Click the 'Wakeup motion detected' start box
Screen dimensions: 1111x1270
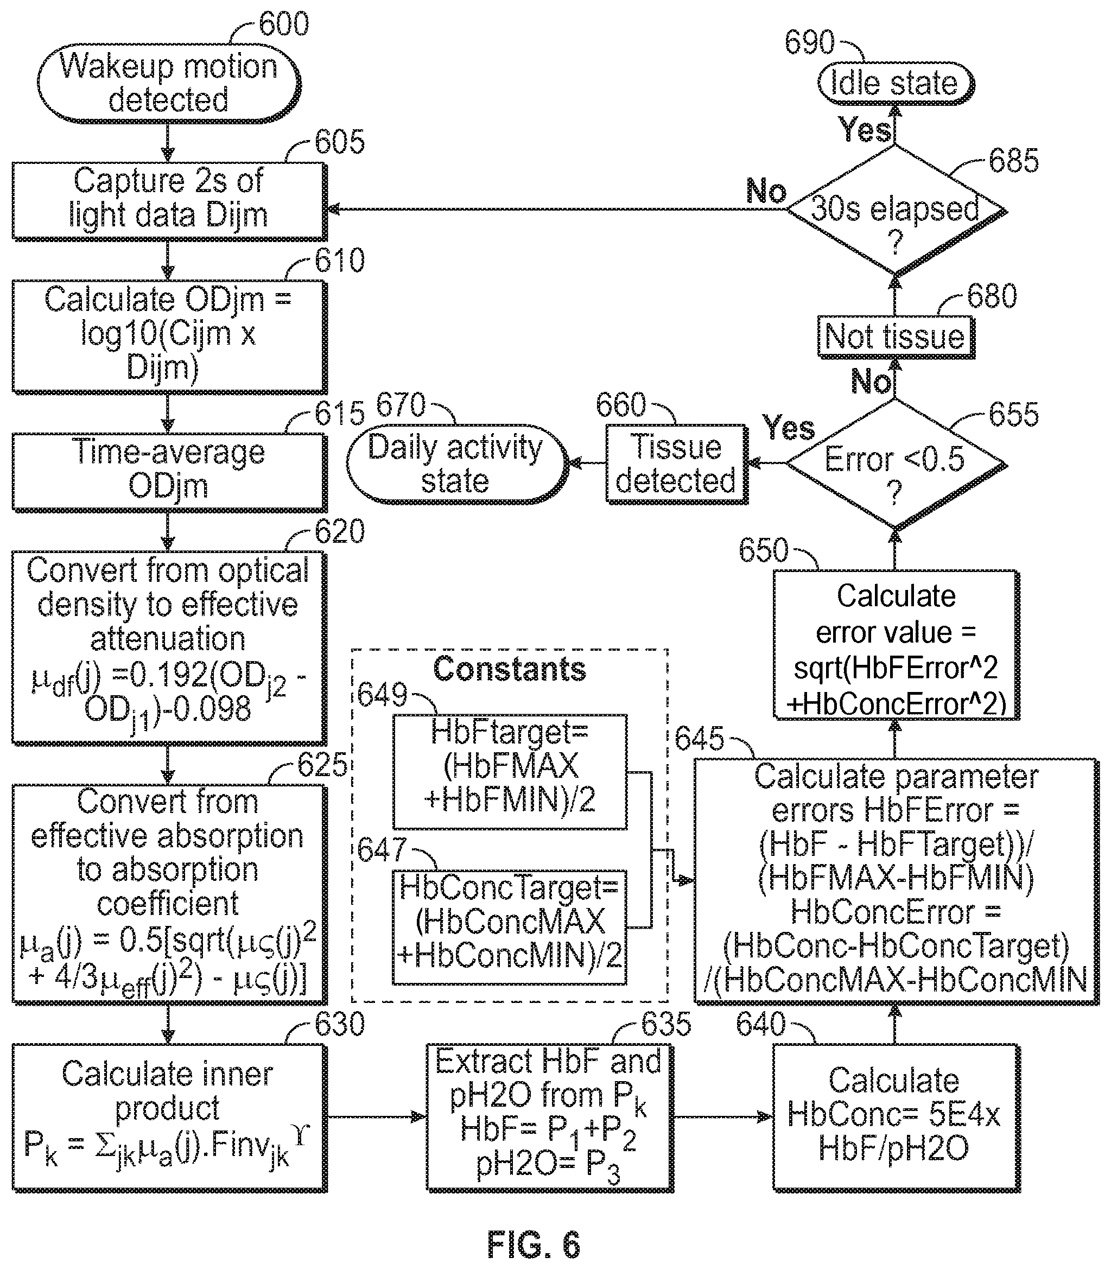[169, 83]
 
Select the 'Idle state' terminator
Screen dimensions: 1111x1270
[896, 83]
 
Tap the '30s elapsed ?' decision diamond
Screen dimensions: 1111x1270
[896, 210]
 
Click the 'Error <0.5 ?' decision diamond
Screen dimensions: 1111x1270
[896, 464]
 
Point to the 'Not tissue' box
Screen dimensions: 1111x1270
[896, 337]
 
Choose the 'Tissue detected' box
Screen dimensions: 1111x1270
[676, 464]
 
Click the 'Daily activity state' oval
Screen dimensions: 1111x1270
[457, 464]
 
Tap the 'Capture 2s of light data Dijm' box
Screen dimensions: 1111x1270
[169, 201]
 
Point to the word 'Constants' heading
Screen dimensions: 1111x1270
[509, 669]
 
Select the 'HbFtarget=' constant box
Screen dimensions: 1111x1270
[510, 771]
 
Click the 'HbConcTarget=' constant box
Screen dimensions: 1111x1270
[510, 926]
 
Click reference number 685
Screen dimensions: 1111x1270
[1014, 161]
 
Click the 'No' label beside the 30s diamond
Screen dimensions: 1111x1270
[766, 191]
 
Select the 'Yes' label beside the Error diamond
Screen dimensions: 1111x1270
[789, 428]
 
